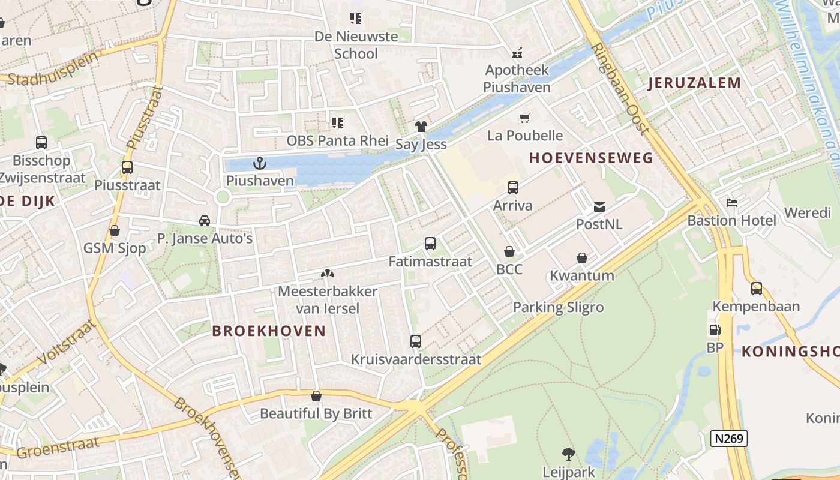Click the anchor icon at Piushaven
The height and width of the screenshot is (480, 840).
(259, 163)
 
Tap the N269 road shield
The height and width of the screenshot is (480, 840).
(729, 439)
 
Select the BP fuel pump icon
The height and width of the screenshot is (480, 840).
(715, 329)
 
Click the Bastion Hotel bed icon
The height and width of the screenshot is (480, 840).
(731, 202)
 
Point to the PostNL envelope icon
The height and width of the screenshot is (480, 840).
(599, 207)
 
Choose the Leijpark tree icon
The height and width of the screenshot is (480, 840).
(568, 454)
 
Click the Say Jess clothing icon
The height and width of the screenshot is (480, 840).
(421, 126)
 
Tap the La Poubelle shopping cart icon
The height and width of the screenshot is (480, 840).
(525, 118)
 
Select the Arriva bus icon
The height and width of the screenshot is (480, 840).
(512, 188)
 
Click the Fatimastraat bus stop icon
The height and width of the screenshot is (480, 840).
(430, 244)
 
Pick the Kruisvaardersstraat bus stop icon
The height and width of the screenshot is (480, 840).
(416, 341)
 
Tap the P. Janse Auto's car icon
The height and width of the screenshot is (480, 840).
(205, 221)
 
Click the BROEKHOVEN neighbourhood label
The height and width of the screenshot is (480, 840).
(269, 331)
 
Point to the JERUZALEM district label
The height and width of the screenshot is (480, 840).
(694, 83)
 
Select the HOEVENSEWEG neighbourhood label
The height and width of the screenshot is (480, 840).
(591, 158)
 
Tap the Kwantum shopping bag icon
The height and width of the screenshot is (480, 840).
(582, 259)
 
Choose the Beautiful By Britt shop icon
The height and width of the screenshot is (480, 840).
(316, 396)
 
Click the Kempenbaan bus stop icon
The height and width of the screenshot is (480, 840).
(756, 289)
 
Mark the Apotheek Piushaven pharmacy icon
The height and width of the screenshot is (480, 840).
(517, 52)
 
